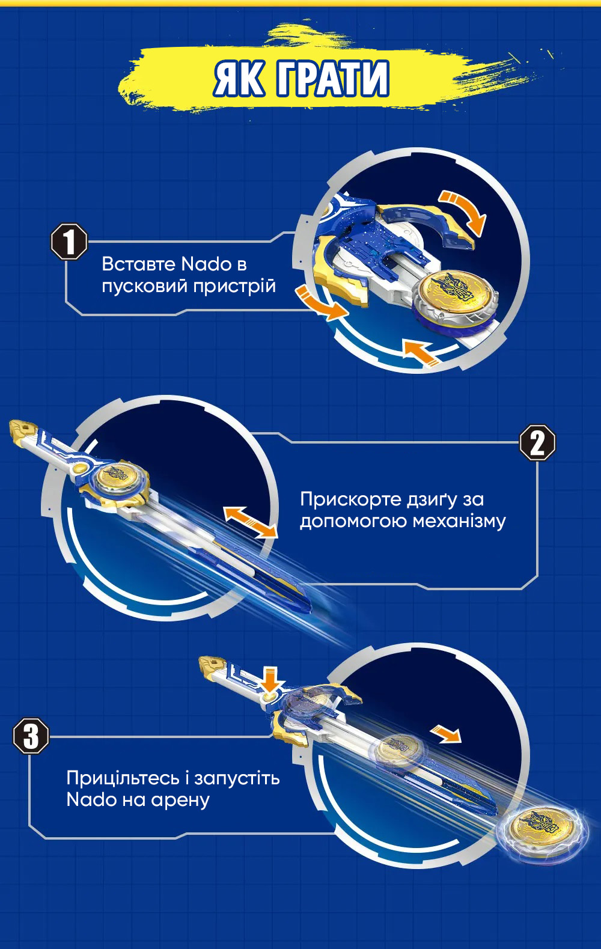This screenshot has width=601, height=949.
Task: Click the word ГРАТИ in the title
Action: [333, 79]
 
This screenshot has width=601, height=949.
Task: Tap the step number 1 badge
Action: [69, 242]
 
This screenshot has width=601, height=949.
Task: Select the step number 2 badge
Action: [537, 443]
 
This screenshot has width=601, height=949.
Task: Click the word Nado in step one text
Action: [206, 264]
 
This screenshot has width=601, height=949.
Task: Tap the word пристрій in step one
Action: [234, 287]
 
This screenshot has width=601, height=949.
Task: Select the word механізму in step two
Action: [459, 522]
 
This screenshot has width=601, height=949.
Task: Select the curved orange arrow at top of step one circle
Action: [464, 211]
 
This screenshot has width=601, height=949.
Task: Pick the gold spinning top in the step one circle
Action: [456, 296]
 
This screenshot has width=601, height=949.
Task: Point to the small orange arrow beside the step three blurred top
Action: [445, 735]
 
